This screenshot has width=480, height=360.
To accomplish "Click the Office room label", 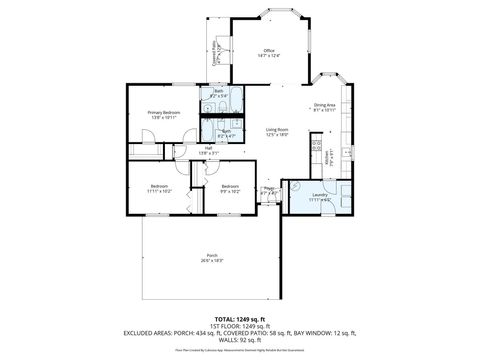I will (268, 50).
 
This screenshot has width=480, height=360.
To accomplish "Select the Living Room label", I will (277, 129).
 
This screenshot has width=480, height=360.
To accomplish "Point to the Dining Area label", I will (324, 105).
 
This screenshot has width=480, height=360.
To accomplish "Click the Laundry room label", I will (319, 195).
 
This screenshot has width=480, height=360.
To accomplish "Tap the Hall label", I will (209, 147).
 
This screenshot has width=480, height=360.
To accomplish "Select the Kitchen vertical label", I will (327, 155).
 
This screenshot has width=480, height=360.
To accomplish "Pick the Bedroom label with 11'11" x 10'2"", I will (159, 186).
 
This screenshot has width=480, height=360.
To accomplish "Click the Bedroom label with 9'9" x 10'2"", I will (230, 186).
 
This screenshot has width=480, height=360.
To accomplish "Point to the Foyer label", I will (268, 188).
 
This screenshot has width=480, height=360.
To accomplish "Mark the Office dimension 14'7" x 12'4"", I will (268, 56).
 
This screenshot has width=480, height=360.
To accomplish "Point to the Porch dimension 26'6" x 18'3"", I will (211, 261).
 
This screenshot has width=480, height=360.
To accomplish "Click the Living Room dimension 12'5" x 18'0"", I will (277, 135).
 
